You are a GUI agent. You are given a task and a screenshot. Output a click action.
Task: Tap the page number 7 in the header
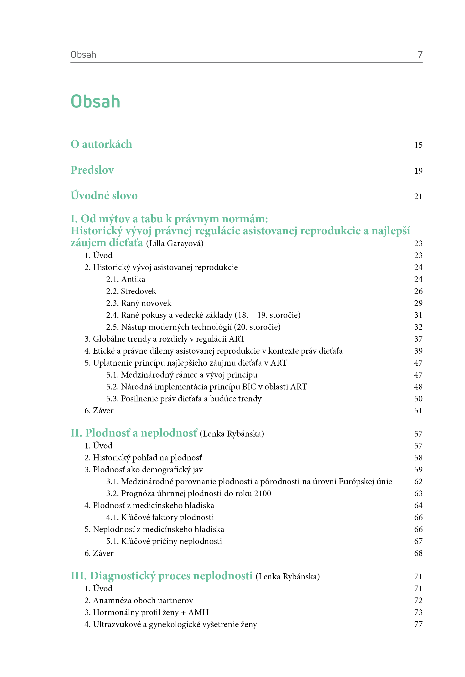tap(420, 54)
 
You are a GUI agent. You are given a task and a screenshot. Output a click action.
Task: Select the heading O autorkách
tap(101, 144)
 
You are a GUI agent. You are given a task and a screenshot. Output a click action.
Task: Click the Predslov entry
tap(92, 170)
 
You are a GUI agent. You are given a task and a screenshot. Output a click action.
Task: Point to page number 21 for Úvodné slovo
tap(418, 196)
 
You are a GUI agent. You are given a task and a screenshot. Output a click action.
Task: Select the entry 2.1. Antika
tap(125, 279)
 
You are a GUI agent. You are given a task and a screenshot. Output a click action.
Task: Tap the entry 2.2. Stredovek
tap(131, 291)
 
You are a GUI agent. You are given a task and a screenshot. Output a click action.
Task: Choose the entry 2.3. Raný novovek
tap(139, 303)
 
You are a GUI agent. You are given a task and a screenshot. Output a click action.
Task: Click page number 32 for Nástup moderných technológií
tap(418, 327)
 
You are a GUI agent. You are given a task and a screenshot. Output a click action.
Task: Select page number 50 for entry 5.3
tap(418, 399)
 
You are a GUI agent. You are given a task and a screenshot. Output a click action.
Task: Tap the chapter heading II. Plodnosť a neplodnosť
tap(134, 433)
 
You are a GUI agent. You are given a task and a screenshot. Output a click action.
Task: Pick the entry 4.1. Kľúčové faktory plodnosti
tap(160, 517)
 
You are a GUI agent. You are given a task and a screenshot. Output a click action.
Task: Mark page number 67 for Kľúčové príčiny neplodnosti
tap(418, 541)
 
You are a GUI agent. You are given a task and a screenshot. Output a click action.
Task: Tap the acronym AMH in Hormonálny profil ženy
tap(199, 612)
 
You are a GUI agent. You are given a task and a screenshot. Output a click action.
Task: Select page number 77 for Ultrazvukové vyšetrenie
tap(418, 624)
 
